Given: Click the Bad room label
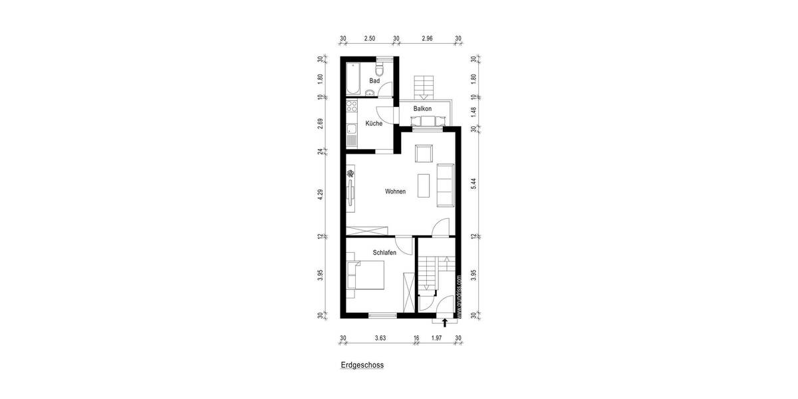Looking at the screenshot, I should point(374,81).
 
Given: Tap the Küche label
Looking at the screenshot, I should point(374,124).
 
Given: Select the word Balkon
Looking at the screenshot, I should point(422,108).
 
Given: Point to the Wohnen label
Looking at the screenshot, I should point(395,192).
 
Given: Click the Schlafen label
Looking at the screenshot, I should point(384,253).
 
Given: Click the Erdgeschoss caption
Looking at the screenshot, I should point(362,365).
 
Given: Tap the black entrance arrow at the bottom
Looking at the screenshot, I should point(445,324).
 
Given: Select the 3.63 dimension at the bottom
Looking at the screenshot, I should point(380,338).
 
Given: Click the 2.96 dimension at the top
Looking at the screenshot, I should point(427,39).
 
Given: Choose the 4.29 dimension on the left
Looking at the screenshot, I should point(321,196).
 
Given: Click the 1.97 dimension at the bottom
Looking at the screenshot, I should point(436,338).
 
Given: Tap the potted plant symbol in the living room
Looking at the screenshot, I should point(350,174).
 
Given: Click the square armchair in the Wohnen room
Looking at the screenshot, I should point(424,154).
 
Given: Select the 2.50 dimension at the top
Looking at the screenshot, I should point(370,39).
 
